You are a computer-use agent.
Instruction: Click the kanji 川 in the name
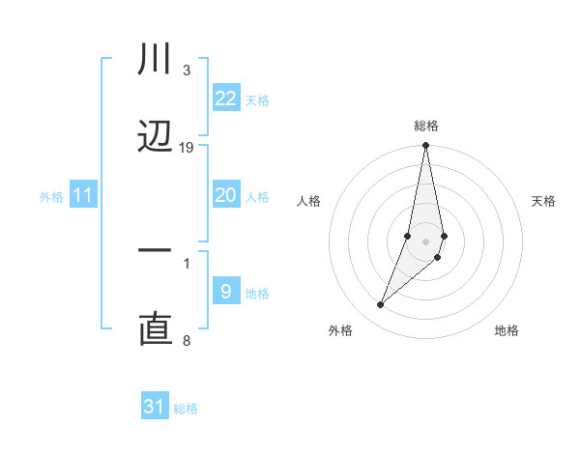point(155,60)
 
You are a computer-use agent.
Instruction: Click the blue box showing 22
point(225,98)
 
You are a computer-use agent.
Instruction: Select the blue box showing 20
point(225,195)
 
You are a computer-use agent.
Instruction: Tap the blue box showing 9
point(225,291)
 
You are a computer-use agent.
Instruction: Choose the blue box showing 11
point(83,195)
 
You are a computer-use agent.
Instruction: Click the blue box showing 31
point(155,407)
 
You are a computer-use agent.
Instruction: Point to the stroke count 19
point(187,148)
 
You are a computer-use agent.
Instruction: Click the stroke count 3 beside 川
point(187,71)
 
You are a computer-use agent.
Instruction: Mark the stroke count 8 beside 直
point(187,340)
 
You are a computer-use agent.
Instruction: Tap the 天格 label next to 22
point(257,99)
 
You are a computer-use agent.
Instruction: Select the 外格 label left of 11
point(51,197)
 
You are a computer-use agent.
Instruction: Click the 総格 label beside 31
point(187,409)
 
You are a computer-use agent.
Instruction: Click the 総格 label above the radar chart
point(426,126)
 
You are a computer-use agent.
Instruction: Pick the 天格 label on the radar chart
point(544,201)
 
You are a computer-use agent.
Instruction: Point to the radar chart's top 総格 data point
point(426,146)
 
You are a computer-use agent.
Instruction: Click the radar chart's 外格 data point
point(380,305)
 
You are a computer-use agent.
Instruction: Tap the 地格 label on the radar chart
point(507,330)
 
